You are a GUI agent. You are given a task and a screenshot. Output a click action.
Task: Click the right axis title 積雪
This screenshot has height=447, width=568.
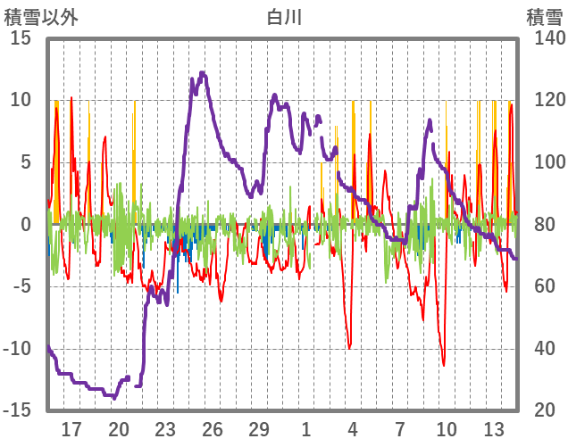[544, 16]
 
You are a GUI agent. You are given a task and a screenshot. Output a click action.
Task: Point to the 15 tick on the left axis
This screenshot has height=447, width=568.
[21, 38]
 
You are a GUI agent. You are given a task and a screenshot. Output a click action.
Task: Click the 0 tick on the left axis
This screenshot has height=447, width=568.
[26, 224]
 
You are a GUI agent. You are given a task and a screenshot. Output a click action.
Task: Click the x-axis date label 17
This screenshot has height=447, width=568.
[71, 429]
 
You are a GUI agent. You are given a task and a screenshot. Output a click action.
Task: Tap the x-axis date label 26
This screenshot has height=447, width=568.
[212, 429]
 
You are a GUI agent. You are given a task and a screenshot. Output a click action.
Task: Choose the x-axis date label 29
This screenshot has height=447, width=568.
[259, 429]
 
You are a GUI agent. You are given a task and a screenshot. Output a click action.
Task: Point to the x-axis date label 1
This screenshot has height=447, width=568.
[305, 429]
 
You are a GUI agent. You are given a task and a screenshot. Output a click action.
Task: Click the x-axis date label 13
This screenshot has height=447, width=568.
[494, 429]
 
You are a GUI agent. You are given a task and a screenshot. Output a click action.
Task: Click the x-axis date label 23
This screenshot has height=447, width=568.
[165, 429]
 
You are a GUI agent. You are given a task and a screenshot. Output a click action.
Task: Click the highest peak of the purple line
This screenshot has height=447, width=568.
[203, 73]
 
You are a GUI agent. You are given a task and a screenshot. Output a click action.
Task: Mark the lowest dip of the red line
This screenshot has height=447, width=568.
[443, 364]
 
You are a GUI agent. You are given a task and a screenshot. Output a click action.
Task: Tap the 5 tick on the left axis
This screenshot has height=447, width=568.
[26, 162]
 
